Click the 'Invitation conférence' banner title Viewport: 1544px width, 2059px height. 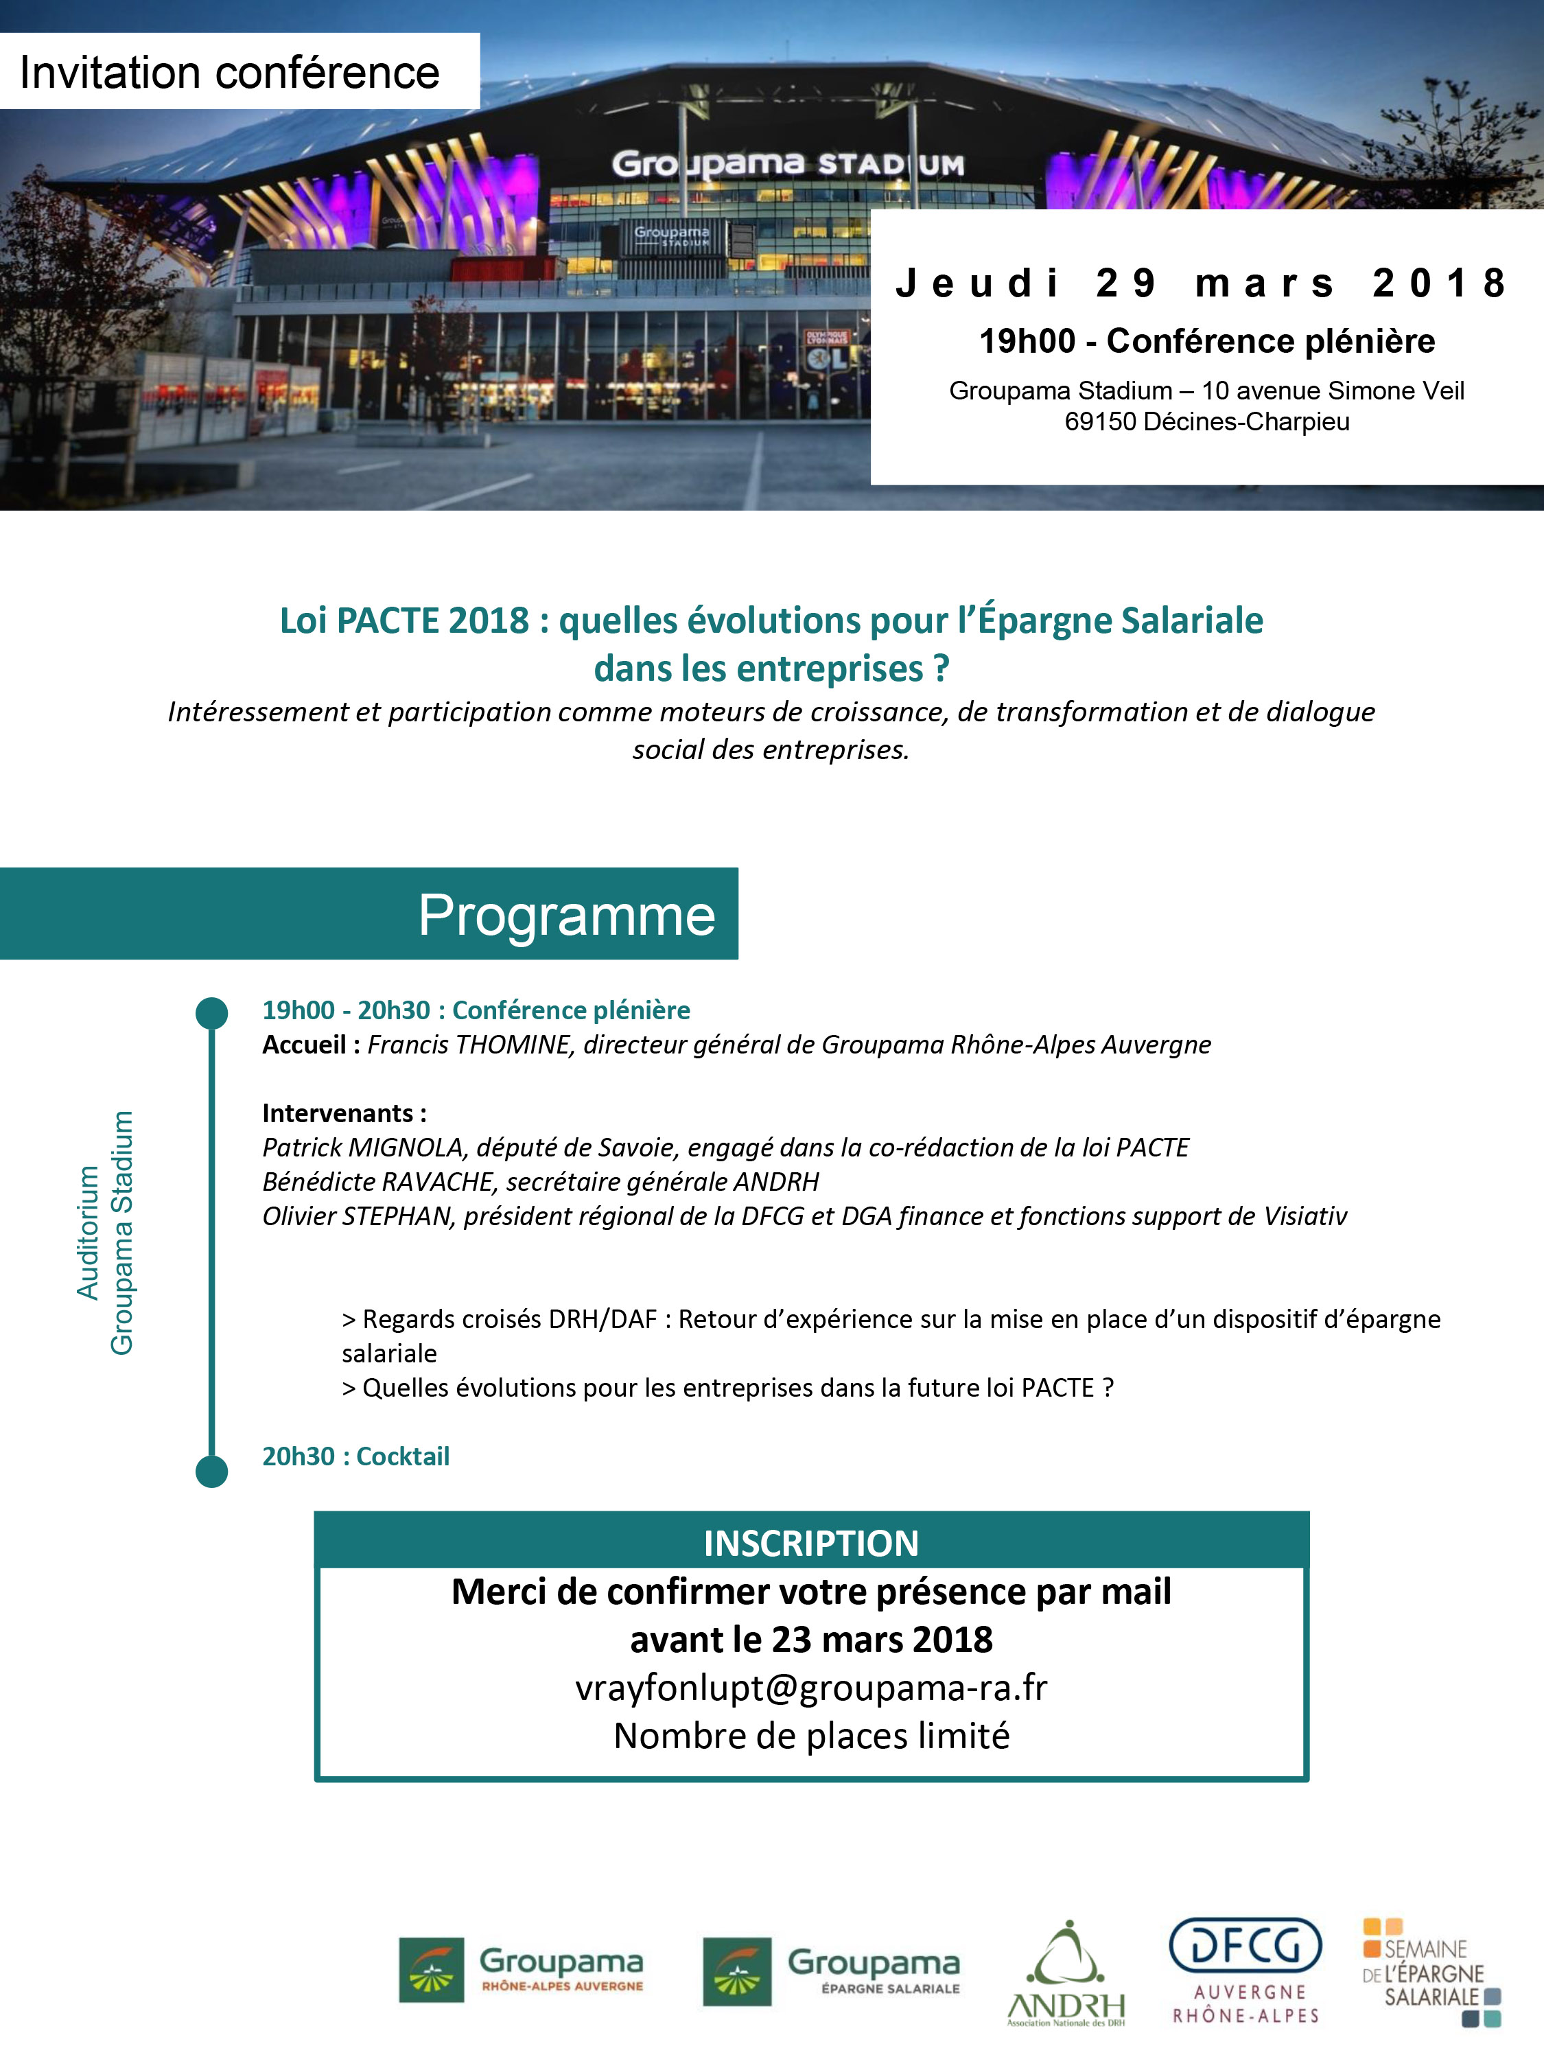(229, 73)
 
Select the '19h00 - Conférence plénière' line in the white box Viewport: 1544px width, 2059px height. (1206, 342)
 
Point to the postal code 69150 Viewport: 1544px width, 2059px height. (1100, 421)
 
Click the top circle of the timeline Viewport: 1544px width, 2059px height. (212, 1014)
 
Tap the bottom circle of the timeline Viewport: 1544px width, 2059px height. (212, 1471)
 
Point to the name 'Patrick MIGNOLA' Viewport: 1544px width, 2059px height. (363, 1148)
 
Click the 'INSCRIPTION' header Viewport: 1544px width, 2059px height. (810, 1544)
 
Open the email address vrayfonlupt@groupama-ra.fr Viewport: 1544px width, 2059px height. (810, 1688)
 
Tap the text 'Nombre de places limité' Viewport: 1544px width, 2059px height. (810, 1736)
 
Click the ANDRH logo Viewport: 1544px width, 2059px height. (1066, 1972)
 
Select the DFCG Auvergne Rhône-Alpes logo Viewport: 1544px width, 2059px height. (1245, 1970)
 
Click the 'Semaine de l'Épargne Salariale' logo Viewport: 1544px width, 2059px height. (1431, 1972)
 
